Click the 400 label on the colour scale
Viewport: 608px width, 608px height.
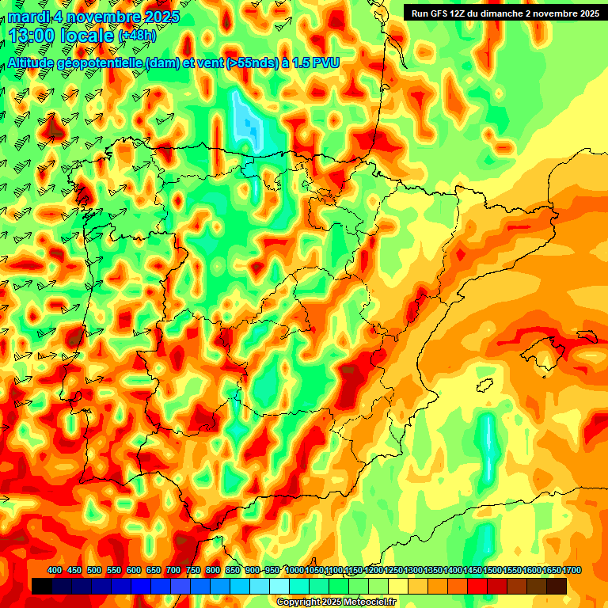point(55,571)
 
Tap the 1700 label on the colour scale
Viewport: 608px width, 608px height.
point(551,571)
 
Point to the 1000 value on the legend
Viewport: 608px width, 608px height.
point(294,571)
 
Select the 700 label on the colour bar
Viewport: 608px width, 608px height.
point(173,571)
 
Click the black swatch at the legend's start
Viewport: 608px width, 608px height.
point(42,586)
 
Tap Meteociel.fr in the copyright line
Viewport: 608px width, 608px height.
point(370,602)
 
